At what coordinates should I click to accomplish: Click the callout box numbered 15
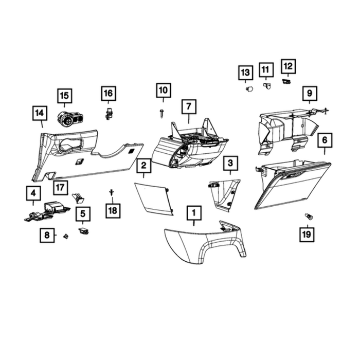(64, 96)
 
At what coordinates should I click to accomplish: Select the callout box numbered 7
(189, 106)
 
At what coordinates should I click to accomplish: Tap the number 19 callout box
(307, 235)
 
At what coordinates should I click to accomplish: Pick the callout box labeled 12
(289, 66)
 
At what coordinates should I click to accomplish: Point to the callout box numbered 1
(194, 213)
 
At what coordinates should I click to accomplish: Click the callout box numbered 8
(47, 236)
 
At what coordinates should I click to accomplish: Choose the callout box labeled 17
(60, 188)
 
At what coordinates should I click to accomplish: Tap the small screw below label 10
(161, 114)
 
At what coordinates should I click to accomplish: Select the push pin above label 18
(112, 192)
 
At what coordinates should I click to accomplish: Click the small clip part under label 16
(109, 114)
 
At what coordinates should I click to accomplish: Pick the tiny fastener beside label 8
(66, 236)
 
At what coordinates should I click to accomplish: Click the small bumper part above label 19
(309, 217)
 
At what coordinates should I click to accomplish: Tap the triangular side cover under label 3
(224, 195)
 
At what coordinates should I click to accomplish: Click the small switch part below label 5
(83, 230)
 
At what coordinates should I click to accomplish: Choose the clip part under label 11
(267, 86)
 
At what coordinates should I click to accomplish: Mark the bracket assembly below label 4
(47, 212)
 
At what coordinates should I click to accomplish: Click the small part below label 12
(286, 81)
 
